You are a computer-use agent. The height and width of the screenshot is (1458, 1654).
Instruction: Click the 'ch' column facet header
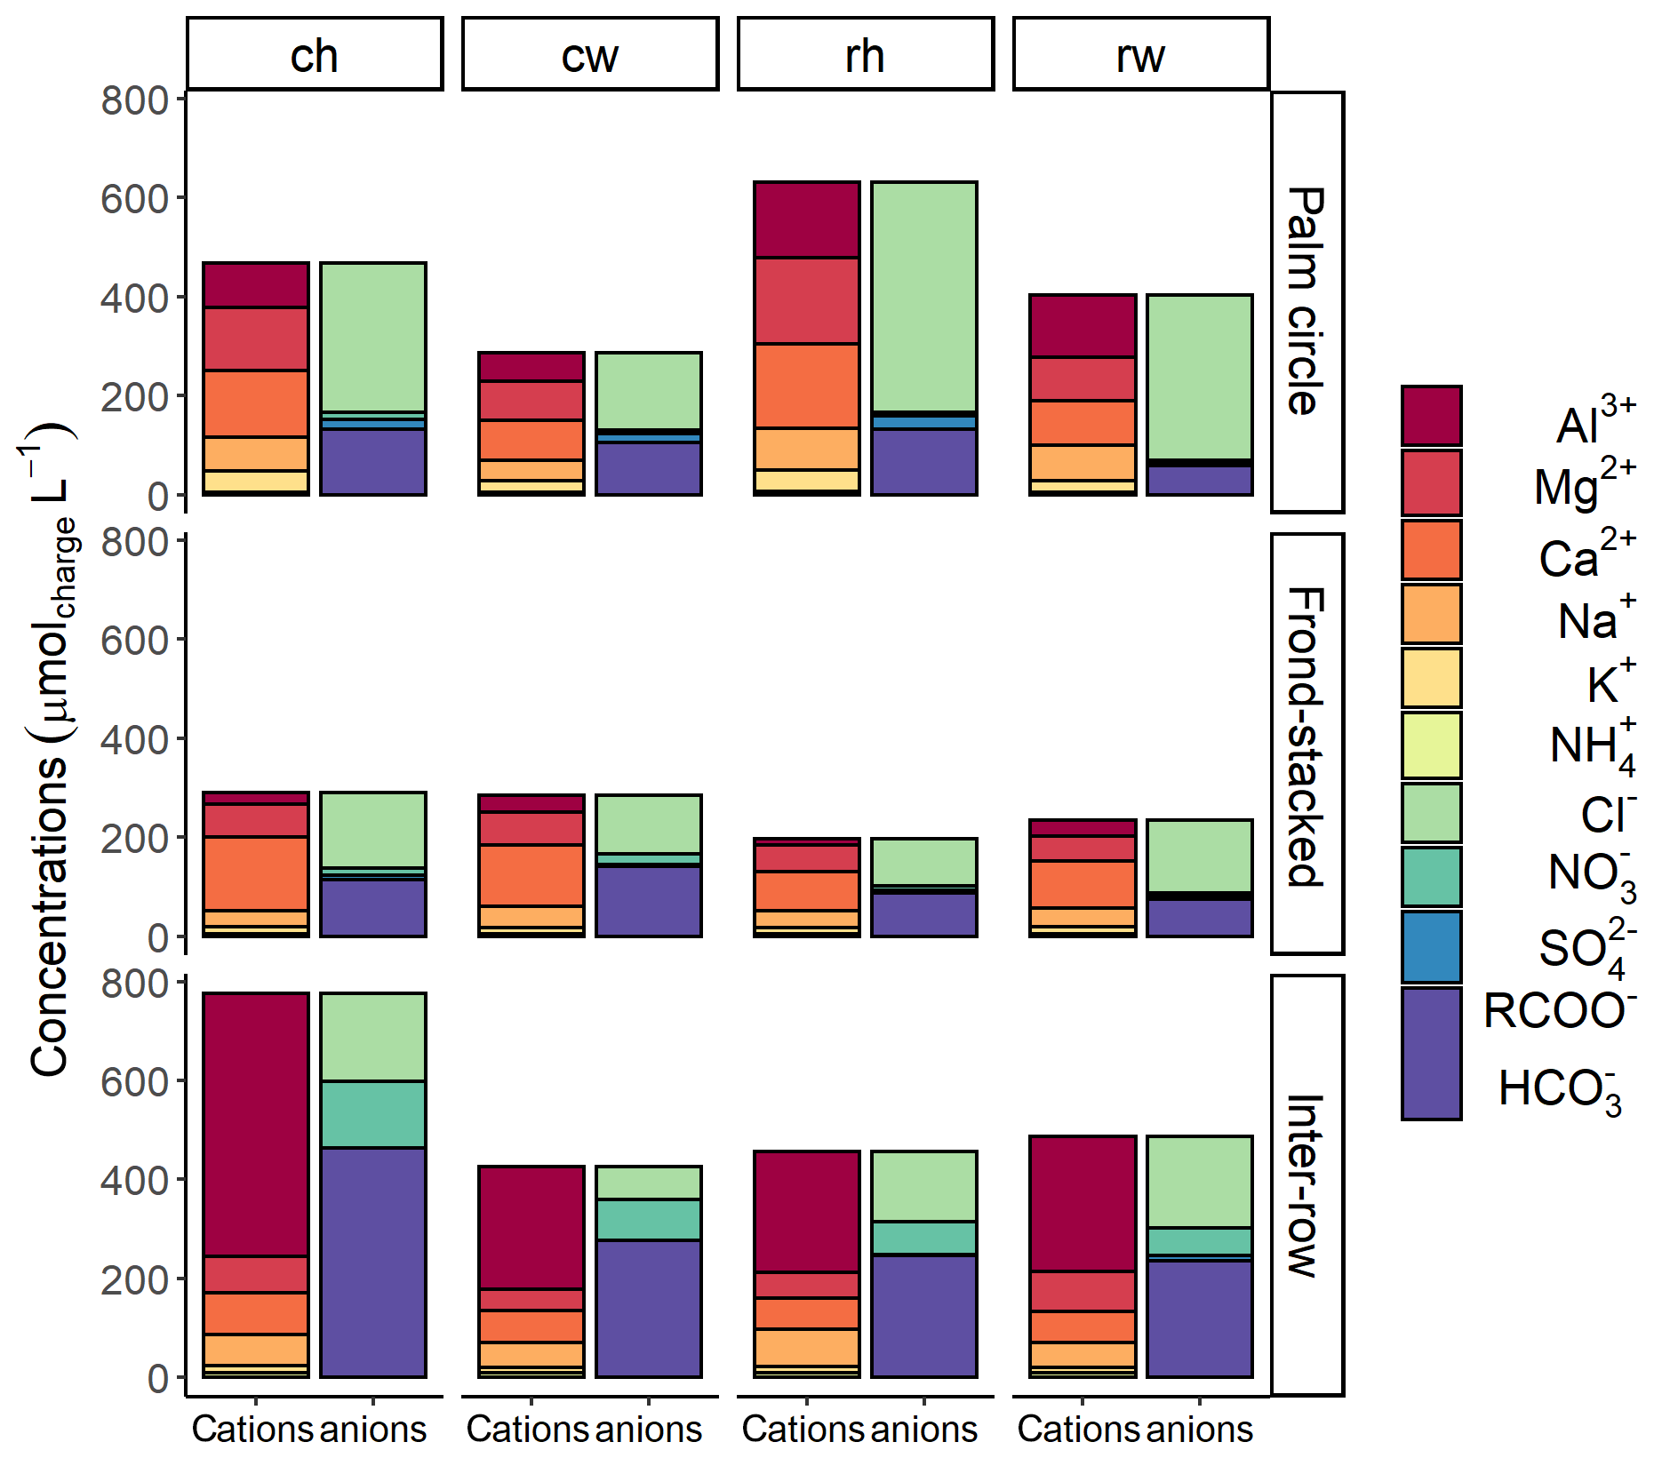pyautogui.click(x=314, y=55)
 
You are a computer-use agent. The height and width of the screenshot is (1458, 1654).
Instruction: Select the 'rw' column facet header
pyautogui.click(x=1140, y=55)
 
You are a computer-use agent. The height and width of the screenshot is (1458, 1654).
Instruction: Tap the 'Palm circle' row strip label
pyautogui.click(x=1306, y=301)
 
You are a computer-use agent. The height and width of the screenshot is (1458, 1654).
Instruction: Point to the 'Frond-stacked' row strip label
pyautogui.click(x=1306, y=737)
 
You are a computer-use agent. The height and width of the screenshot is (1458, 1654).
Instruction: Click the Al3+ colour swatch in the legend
pyautogui.click(x=1431, y=416)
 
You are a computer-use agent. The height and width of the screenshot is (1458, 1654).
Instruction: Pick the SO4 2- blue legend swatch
pyautogui.click(x=1431, y=947)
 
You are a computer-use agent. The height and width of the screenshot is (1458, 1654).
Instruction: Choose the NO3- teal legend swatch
pyautogui.click(x=1431, y=877)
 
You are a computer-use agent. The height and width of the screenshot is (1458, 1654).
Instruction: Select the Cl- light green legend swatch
pyautogui.click(x=1431, y=812)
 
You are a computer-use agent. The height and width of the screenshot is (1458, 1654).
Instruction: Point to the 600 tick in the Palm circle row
pyautogui.click(x=134, y=199)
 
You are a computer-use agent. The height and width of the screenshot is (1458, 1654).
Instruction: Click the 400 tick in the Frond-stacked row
pyautogui.click(x=134, y=739)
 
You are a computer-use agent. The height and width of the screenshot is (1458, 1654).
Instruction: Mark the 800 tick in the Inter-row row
pyautogui.click(x=134, y=984)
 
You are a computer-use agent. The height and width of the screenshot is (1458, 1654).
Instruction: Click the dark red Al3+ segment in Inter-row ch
pyautogui.click(x=256, y=1124)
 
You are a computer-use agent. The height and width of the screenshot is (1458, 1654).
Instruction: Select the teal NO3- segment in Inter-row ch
pyautogui.click(x=373, y=1114)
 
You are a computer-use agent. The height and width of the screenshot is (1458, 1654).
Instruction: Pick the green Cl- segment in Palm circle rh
pyautogui.click(x=924, y=297)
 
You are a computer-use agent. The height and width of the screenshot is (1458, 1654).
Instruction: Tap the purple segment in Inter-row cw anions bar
pyautogui.click(x=649, y=1308)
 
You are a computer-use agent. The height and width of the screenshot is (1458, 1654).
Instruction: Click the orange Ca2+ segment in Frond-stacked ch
pyautogui.click(x=256, y=873)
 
